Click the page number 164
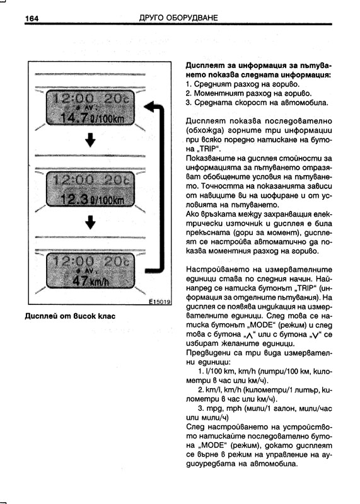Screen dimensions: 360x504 pyautogui.click(x=32, y=18)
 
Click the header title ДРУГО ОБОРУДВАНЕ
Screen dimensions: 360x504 pyautogui.click(x=178, y=18)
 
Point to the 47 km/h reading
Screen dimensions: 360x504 pyautogui.click(x=91, y=281)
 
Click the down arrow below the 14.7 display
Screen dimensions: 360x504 pyautogui.click(x=90, y=140)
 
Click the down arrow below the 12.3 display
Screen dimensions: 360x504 pyautogui.click(x=90, y=222)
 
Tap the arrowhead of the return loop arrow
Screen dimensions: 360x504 pyautogui.click(x=149, y=106)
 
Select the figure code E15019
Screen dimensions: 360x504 pyautogui.click(x=160, y=302)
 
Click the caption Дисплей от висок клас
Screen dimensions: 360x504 pyautogui.click(x=70, y=316)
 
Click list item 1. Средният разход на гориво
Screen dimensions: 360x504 pyautogui.click(x=243, y=84)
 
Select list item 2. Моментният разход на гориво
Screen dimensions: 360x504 pyautogui.click(x=248, y=93)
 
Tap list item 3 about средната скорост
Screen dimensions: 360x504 pyautogui.click(x=257, y=103)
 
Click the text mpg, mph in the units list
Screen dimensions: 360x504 pyautogui.click(x=224, y=409)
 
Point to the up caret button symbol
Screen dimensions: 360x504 pyautogui.click(x=248, y=335)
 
